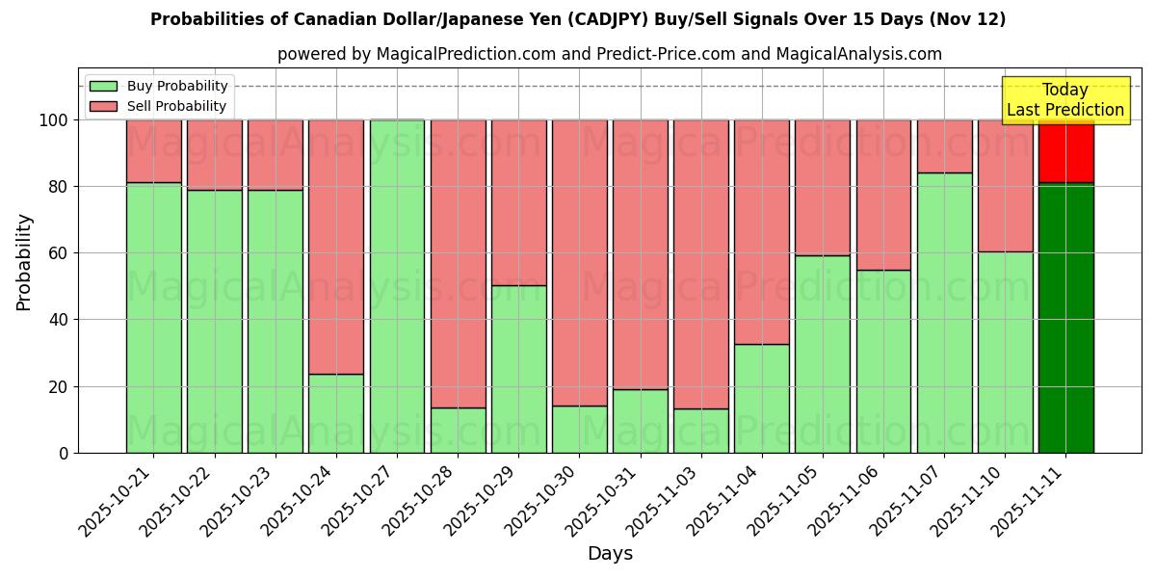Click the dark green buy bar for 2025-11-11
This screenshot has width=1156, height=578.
coord(1065,318)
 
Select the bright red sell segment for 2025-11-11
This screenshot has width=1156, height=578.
coord(1065,151)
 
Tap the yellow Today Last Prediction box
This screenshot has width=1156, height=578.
coord(1064,100)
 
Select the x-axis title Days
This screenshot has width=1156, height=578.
coord(610,554)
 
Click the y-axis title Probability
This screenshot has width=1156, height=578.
coord(24,261)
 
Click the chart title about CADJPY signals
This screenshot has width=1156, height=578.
coord(578,19)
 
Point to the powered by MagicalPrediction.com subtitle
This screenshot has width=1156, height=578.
coord(609,54)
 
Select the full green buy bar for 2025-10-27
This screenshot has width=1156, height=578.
coord(397,286)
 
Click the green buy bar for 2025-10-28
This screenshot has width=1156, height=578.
coord(458,430)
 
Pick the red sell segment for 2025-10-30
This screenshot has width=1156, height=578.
coord(580,262)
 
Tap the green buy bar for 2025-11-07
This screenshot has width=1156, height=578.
coord(945,312)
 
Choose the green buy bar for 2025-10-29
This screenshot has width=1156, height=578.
coord(519,369)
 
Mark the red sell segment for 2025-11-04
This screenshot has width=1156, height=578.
coord(762,231)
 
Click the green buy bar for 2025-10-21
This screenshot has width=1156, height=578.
coord(153,317)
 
